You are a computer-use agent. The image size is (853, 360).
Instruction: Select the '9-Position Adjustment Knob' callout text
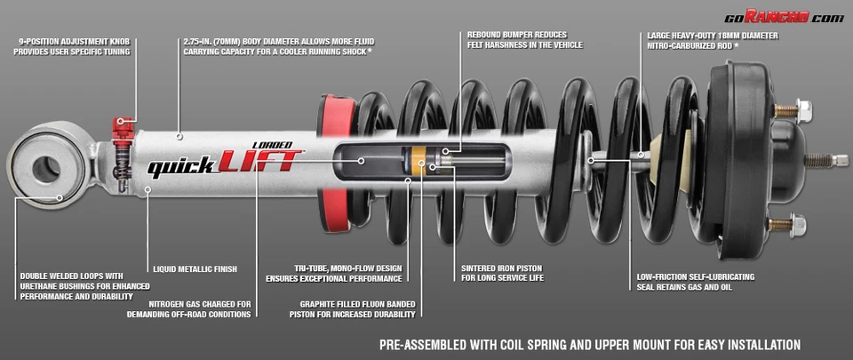[71, 46]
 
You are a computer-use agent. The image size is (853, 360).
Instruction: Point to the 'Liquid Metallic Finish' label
[195, 268]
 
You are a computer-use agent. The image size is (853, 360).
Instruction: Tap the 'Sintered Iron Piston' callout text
[503, 272]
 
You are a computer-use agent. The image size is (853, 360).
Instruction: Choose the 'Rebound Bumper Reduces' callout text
[517, 41]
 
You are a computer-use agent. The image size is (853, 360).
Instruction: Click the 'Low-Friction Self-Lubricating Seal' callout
[696, 282]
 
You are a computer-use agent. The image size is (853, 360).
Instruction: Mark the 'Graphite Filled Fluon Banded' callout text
[357, 309]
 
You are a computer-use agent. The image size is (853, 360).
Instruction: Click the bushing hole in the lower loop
[45, 168]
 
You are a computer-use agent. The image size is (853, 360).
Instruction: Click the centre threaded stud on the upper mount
[825, 161]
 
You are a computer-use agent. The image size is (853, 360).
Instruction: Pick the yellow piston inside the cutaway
[416, 161]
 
